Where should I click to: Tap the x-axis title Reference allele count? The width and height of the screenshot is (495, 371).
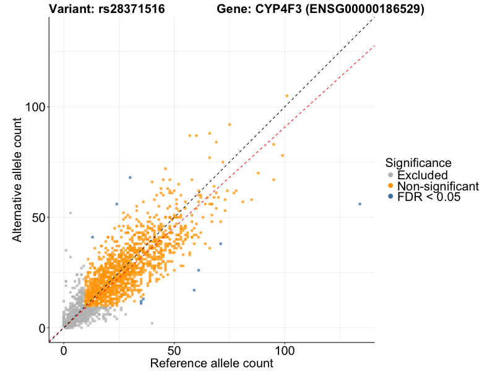[x=212, y=363]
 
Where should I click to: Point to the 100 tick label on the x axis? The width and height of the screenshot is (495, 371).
[x=285, y=349]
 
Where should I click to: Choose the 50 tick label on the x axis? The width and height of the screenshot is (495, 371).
[x=174, y=349]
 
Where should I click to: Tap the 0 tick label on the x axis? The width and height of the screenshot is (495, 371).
[x=64, y=349]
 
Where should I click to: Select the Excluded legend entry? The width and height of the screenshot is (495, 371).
[x=422, y=176]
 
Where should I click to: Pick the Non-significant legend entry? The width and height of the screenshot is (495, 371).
[x=437, y=186]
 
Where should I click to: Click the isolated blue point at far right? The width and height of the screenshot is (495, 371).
[x=359, y=204]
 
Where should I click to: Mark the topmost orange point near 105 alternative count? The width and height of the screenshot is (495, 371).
[x=286, y=96]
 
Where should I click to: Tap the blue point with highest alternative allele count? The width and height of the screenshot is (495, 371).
[x=130, y=177]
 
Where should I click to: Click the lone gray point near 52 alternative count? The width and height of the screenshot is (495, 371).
[x=70, y=213]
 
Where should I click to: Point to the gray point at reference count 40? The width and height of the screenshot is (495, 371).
[x=152, y=323]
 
